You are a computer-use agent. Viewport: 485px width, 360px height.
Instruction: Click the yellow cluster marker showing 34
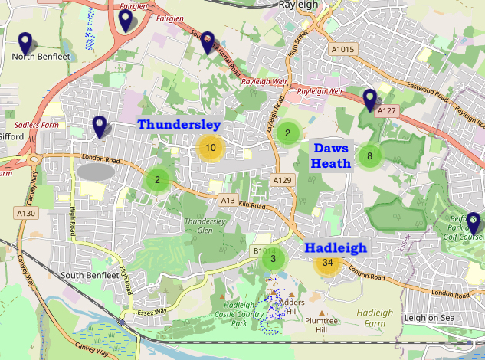click(x=328, y=263)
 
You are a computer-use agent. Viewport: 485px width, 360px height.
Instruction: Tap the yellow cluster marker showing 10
click(x=210, y=148)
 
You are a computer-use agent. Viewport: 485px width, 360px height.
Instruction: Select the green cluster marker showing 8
click(x=369, y=156)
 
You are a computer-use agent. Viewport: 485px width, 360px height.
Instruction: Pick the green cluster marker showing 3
click(x=273, y=259)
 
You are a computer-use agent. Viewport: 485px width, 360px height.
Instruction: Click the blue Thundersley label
click(x=179, y=124)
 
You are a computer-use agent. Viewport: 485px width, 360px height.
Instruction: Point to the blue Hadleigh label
click(x=336, y=247)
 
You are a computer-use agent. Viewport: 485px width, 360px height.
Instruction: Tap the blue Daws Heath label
click(x=331, y=155)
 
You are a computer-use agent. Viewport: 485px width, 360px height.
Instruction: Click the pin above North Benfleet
click(x=25, y=43)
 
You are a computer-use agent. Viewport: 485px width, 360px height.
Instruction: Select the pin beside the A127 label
click(x=370, y=100)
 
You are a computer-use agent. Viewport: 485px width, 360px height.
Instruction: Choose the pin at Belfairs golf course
click(x=474, y=223)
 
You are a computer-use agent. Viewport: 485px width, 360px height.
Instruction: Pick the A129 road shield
click(x=283, y=180)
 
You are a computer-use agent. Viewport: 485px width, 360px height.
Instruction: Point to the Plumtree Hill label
click(x=320, y=325)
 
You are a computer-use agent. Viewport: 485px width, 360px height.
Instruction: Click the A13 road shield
click(x=228, y=200)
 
